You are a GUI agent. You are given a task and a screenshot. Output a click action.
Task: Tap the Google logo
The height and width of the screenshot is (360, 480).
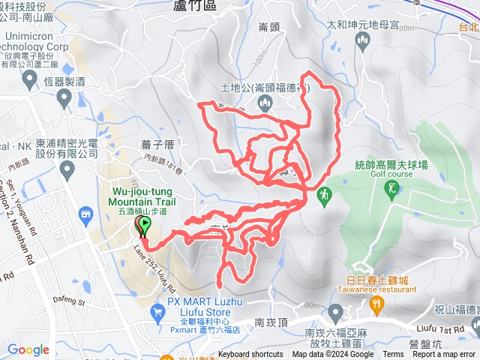(28, 349)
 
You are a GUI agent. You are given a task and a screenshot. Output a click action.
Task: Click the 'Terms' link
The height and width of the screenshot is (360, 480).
(393, 355)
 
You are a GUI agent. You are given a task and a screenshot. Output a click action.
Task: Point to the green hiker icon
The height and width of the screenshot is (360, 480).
(324, 196)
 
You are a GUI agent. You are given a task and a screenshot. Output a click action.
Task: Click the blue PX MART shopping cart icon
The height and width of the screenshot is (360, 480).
(157, 316)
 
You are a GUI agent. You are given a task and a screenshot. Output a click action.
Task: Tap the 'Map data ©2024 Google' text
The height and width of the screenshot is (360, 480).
(333, 355)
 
